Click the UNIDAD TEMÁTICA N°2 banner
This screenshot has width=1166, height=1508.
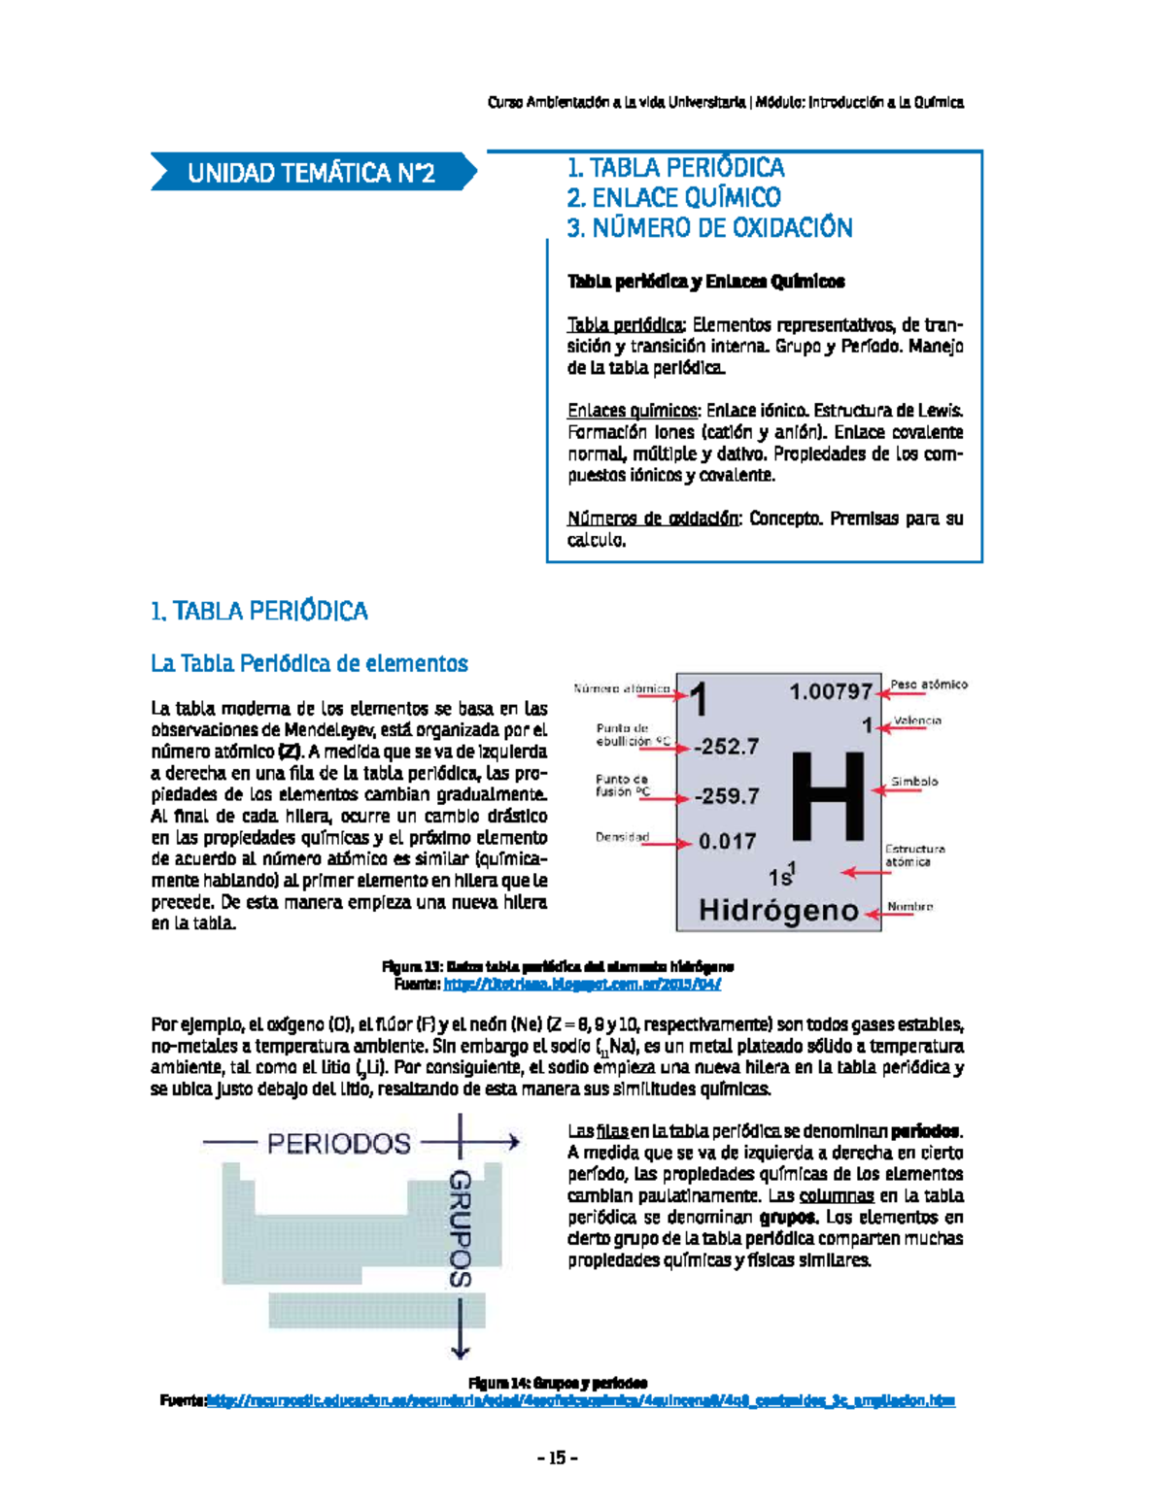(311, 173)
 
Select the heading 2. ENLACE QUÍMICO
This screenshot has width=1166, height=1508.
(673, 198)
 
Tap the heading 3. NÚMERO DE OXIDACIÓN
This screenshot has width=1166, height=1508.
(709, 228)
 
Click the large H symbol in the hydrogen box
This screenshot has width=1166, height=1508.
(827, 795)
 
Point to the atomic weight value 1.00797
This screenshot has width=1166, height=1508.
(831, 691)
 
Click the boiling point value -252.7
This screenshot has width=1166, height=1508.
(726, 747)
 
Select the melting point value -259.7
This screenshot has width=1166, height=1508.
(726, 796)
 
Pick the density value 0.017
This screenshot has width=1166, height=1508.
(727, 841)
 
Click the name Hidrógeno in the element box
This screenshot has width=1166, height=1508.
(778, 911)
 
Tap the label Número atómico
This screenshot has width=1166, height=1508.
(621, 688)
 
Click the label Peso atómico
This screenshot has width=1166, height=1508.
(928, 685)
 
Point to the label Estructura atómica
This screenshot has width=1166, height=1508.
(913, 855)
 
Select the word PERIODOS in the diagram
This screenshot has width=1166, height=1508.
(339, 1143)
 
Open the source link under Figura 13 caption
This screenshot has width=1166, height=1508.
(581, 984)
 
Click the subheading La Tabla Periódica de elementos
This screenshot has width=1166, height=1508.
(309, 663)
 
